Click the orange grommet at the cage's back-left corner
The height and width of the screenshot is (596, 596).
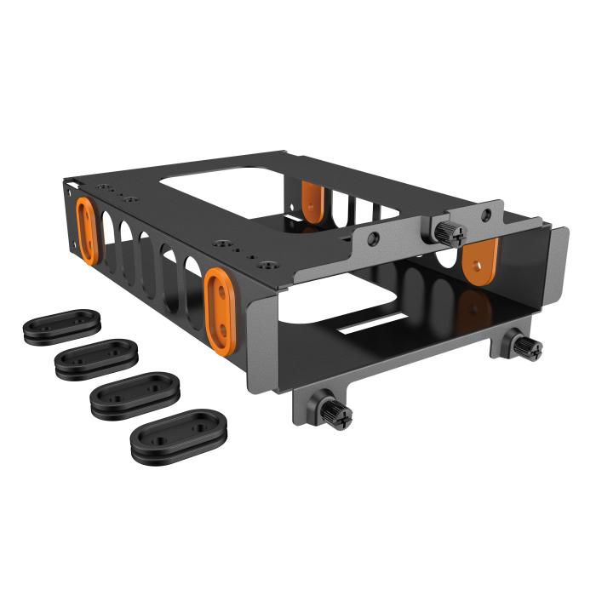point(86,228)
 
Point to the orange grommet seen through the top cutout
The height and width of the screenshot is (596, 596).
point(313,202)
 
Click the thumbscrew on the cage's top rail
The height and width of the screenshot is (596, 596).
point(446,230)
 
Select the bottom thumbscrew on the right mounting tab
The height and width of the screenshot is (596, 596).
point(525,346)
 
